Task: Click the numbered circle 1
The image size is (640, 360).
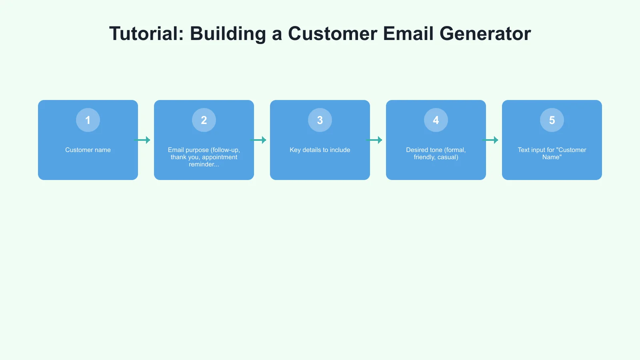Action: tap(88, 120)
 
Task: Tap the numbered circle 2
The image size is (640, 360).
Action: tap(204, 120)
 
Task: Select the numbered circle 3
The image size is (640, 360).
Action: tap(320, 120)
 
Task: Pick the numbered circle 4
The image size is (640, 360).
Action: tap(436, 120)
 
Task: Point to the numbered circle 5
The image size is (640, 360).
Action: tap(552, 120)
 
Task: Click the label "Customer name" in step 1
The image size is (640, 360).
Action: tap(88, 150)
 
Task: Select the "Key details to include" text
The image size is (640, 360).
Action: tap(320, 150)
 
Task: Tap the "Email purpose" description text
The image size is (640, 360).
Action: tap(204, 157)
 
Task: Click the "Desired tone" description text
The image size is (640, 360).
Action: tap(436, 154)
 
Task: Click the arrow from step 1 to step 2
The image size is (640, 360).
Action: tap(142, 140)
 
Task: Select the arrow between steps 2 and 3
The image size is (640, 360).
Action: tap(258, 140)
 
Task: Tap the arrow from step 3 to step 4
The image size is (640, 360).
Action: tap(374, 140)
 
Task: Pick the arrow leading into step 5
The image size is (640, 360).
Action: tap(490, 140)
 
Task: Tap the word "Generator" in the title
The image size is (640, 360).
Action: tap(485, 34)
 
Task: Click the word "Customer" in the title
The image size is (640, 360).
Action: tap(332, 34)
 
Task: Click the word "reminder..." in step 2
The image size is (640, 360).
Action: tap(204, 164)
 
